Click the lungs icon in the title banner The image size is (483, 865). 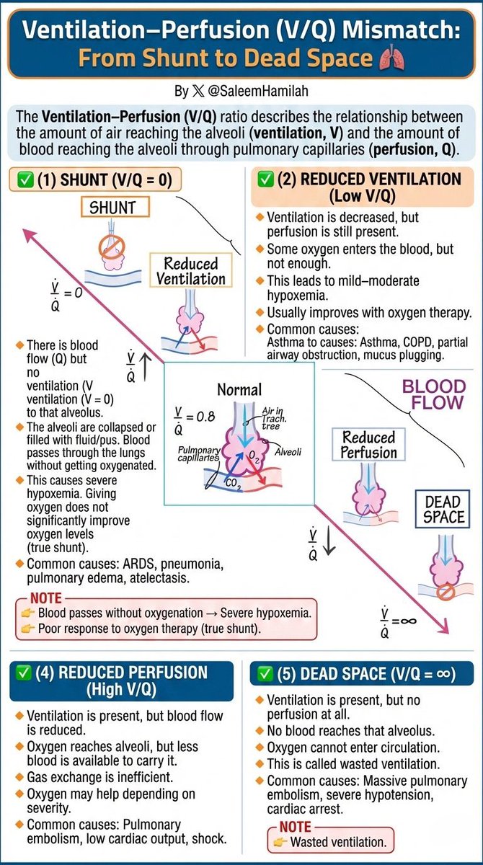point(392,58)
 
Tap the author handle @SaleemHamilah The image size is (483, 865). point(258,91)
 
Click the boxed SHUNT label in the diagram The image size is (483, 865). point(115,208)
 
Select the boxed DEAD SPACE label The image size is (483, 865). point(443,510)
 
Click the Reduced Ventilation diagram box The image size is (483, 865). point(191,270)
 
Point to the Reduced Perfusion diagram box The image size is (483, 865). point(368,445)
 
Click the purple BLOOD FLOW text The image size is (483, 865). point(434,394)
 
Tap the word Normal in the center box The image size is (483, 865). point(239,390)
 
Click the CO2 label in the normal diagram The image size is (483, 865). point(233,484)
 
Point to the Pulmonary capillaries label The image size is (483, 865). point(199,453)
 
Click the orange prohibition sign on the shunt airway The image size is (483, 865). point(112,247)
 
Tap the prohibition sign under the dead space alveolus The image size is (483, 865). point(446,592)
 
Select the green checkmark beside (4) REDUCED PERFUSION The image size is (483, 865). point(23,673)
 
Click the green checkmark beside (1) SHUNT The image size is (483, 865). point(25,180)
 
